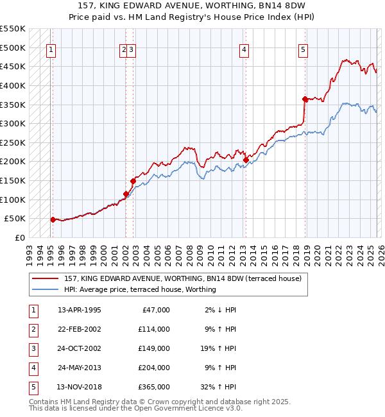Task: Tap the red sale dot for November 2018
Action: [305, 99]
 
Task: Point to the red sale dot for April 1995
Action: [53, 219]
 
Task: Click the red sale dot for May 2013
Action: [246, 160]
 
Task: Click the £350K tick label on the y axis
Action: [13, 105]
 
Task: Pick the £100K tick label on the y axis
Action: [13, 200]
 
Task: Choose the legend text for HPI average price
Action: [140, 289]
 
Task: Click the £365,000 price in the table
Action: [154, 387]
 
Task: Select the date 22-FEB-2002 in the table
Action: [79, 329]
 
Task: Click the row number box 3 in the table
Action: [33, 348]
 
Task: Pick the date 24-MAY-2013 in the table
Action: [79, 368]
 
